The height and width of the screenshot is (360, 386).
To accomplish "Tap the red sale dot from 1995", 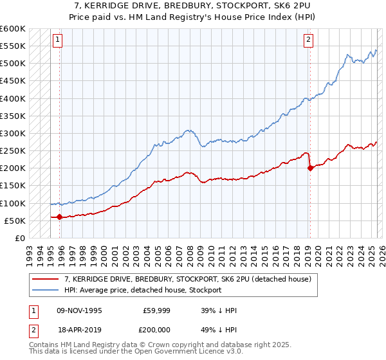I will [x=60, y=217].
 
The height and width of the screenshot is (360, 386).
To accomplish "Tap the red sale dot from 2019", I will [x=310, y=168].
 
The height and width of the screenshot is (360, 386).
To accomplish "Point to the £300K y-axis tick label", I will [x=13, y=133].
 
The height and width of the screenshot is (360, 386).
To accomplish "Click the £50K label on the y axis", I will [x=15, y=221].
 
